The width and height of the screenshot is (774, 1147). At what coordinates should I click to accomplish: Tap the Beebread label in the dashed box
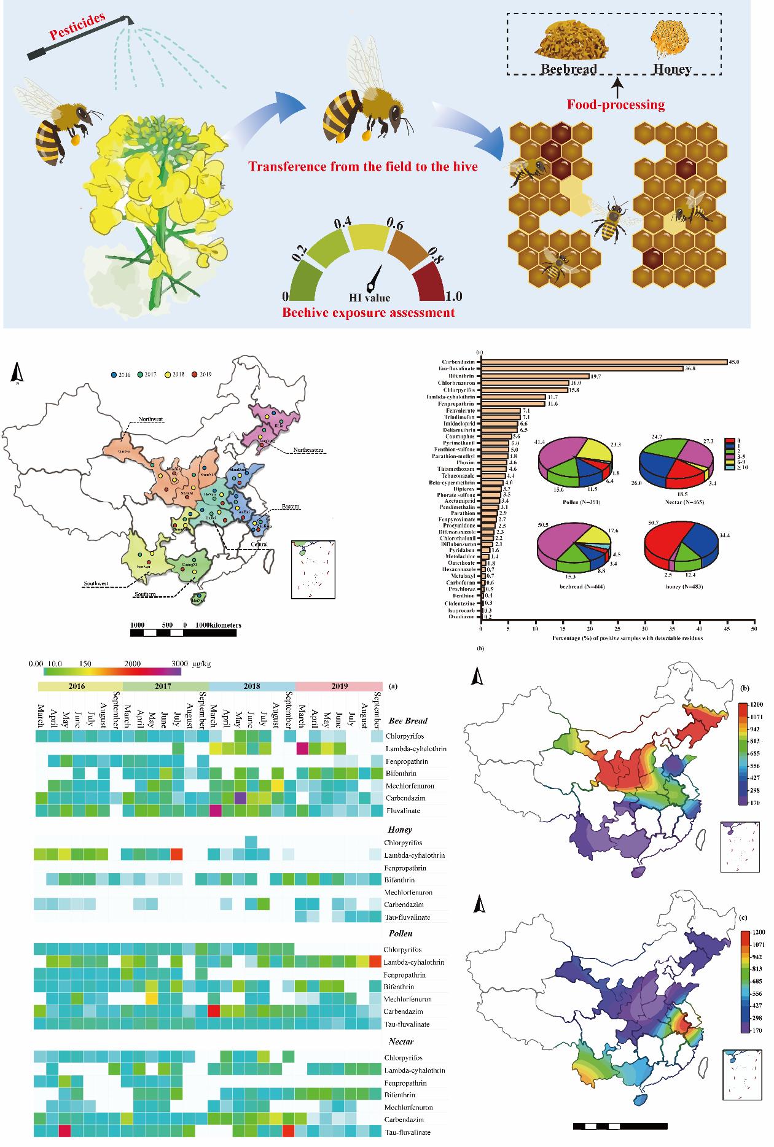point(568,69)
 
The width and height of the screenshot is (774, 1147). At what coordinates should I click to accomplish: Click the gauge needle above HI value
point(374,279)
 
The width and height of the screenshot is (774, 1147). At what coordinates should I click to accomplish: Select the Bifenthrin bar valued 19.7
point(535,376)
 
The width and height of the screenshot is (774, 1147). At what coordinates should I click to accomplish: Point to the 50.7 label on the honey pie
point(653,523)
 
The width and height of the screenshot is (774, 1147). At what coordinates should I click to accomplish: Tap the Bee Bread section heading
point(408,721)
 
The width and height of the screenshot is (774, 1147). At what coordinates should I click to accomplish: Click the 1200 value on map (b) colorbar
point(755,703)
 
